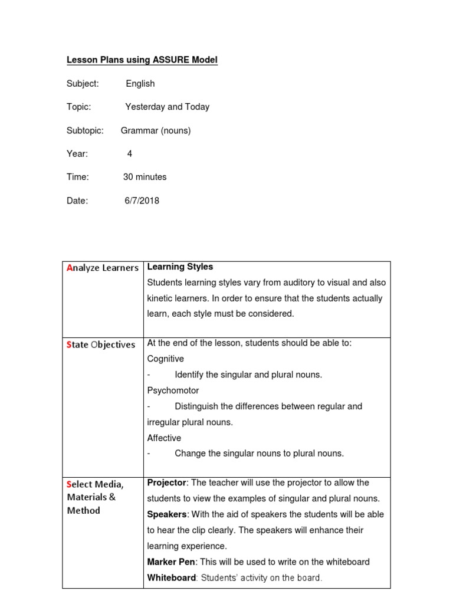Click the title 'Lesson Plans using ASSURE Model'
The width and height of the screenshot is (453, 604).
[142, 60]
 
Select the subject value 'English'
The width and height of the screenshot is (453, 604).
[140, 84]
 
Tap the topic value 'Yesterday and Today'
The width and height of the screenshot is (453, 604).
[167, 107]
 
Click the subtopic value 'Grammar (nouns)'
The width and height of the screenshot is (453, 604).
[156, 130]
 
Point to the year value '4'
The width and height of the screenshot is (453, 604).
[130, 154]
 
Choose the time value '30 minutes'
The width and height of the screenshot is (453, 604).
[145, 177]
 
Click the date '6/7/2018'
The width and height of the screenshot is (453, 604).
[142, 201]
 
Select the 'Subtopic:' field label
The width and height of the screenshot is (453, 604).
[85, 130]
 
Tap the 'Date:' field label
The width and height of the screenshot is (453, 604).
[77, 201]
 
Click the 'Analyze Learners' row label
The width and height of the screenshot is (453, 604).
[103, 268]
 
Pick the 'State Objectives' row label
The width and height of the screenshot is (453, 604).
[101, 344]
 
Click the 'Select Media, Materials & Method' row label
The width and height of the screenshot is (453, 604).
[96, 497]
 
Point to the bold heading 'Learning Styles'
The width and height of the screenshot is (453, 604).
[180, 267]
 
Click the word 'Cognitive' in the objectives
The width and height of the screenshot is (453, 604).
[165, 359]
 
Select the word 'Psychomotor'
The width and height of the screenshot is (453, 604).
[173, 390]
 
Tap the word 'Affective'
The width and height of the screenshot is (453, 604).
[164, 438]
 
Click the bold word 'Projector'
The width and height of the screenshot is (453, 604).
[166, 482]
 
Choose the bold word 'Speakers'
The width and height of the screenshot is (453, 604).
[167, 514]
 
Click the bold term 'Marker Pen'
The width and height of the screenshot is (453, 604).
[171, 562]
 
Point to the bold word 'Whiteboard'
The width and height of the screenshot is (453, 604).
[171, 578]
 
